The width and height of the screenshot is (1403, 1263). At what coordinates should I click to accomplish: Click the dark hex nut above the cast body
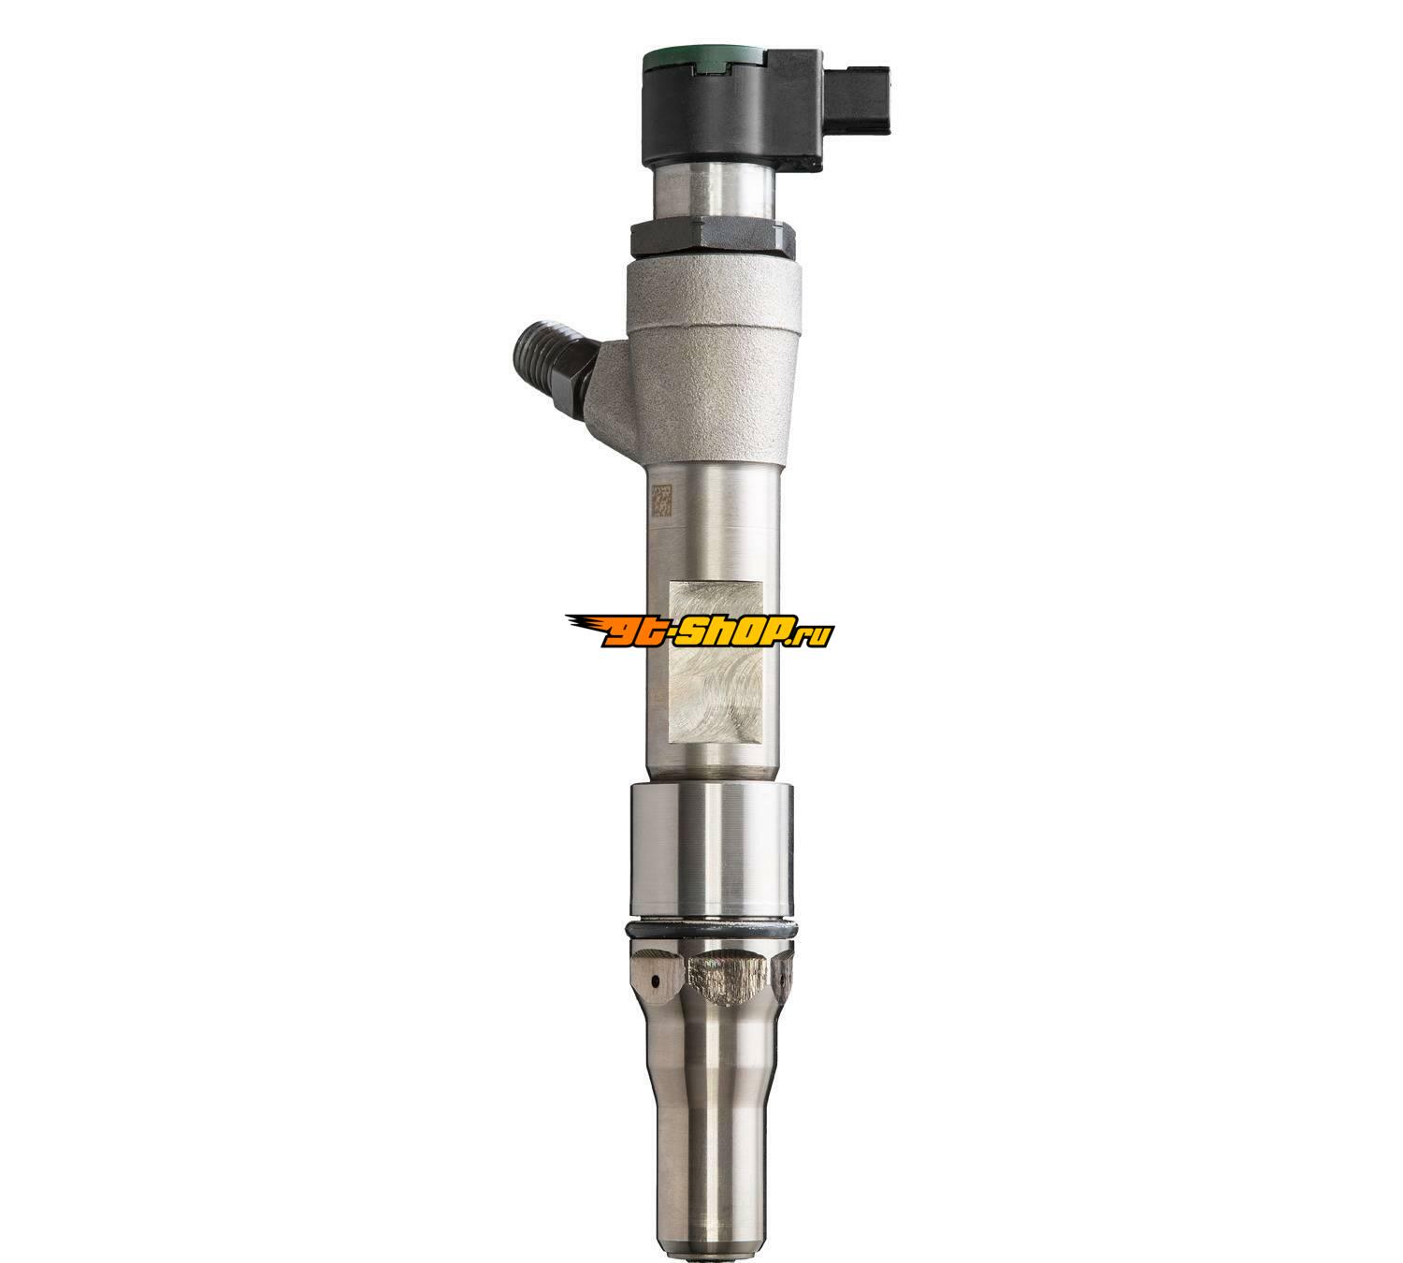tap(714, 239)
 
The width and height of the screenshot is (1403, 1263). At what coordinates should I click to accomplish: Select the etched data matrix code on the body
tap(661, 500)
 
